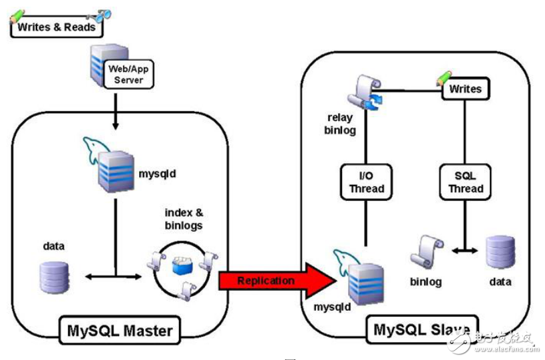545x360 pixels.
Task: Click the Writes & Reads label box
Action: tap(57, 27)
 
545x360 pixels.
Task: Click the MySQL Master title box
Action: tap(120, 330)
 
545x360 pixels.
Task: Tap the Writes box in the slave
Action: tap(465, 89)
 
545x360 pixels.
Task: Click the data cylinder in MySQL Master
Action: tap(54, 277)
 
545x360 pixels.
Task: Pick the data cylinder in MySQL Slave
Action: tap(500, 254)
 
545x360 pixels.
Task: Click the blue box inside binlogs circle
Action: tap(182, 267)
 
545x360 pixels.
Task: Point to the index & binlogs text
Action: tap(183, 218)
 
